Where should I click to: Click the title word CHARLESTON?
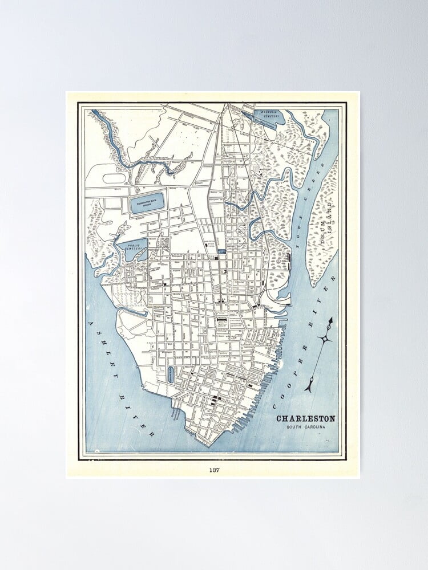[x=306, y=419]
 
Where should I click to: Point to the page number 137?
[x=214, y=470]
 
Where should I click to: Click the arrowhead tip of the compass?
[x=330, y=320]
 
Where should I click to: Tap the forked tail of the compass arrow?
[x=309, y=388]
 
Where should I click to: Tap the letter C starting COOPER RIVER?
[x=275, y=405]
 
